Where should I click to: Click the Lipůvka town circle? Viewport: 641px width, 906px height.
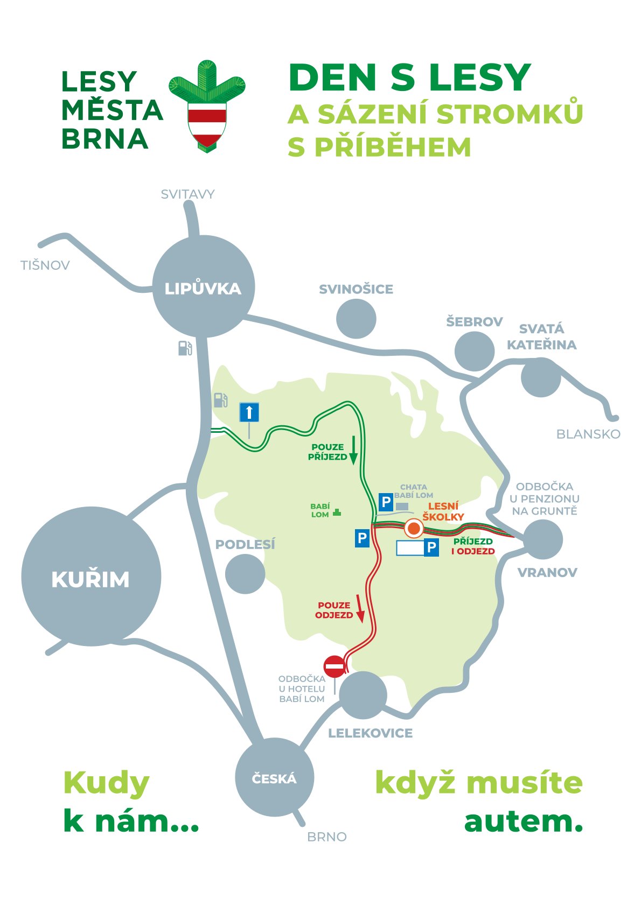(x=203, y=287)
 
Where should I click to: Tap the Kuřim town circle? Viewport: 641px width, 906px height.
(x=91, y=577)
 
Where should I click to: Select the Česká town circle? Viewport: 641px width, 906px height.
(x=274, y=777)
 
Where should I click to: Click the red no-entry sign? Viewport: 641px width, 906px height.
(x=335, y=666)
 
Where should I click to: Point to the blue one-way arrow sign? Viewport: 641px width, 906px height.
(x=249, y=413)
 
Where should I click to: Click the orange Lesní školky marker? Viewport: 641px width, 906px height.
(x=414, y=529)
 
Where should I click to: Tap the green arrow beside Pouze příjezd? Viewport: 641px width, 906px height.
(x=353, y=451)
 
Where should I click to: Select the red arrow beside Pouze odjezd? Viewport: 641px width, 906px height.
(x=360, y=609)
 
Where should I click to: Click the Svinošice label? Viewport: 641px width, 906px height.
(x=356, y=289)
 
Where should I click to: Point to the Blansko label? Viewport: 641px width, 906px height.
(x=588, y=434)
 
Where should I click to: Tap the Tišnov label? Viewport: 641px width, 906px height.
(x=45, y=265)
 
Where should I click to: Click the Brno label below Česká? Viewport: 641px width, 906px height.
(x=326, y=837)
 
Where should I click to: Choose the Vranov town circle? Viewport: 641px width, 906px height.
(x=542, y=539)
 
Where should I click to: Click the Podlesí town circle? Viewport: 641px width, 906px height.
(x=245, y=574)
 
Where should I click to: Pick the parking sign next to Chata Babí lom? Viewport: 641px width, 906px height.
(x=386, y=503)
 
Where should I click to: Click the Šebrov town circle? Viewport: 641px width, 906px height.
(x=475, y=351)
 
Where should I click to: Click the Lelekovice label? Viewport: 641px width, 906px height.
(x=370, y=733)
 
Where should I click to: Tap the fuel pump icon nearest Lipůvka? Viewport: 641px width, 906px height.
(x=185, y=348)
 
